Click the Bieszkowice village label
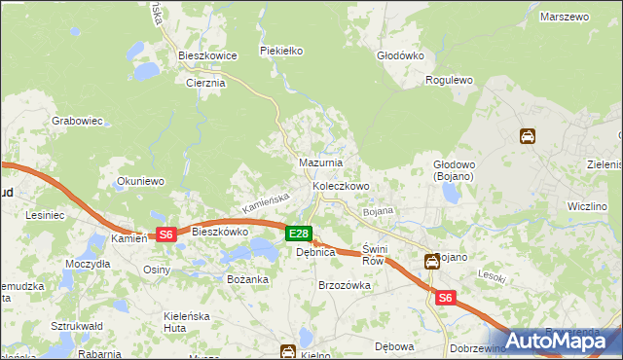[207, 56]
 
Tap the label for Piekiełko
[283, 50]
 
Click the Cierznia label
[205, 83]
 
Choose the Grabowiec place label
[78, 122]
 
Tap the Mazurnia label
[320, 162]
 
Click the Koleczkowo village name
[341, 186]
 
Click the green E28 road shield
[299, 234]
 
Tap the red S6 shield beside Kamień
[165, 234]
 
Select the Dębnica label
[315, 252]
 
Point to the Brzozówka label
[346, 285]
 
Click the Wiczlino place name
[587, 207]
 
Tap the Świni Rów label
[375, 255]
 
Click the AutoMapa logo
[558, 341]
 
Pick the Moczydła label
[88, 265]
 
